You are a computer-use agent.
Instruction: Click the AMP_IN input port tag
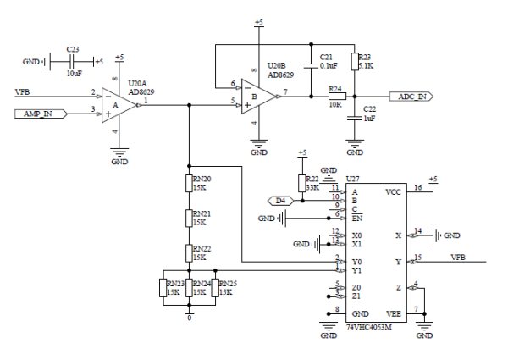tap(39, 112)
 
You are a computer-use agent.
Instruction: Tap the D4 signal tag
tap(280, 200)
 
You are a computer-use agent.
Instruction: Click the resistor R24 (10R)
tap(336, 97)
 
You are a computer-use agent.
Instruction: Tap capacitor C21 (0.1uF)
tap(312, 64)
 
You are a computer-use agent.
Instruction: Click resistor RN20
tap(190, 185)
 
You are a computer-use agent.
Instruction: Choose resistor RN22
tap(190, 252)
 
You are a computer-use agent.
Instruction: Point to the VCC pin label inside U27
tap(393, 192)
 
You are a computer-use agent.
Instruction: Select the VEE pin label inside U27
tap(393, 313)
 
